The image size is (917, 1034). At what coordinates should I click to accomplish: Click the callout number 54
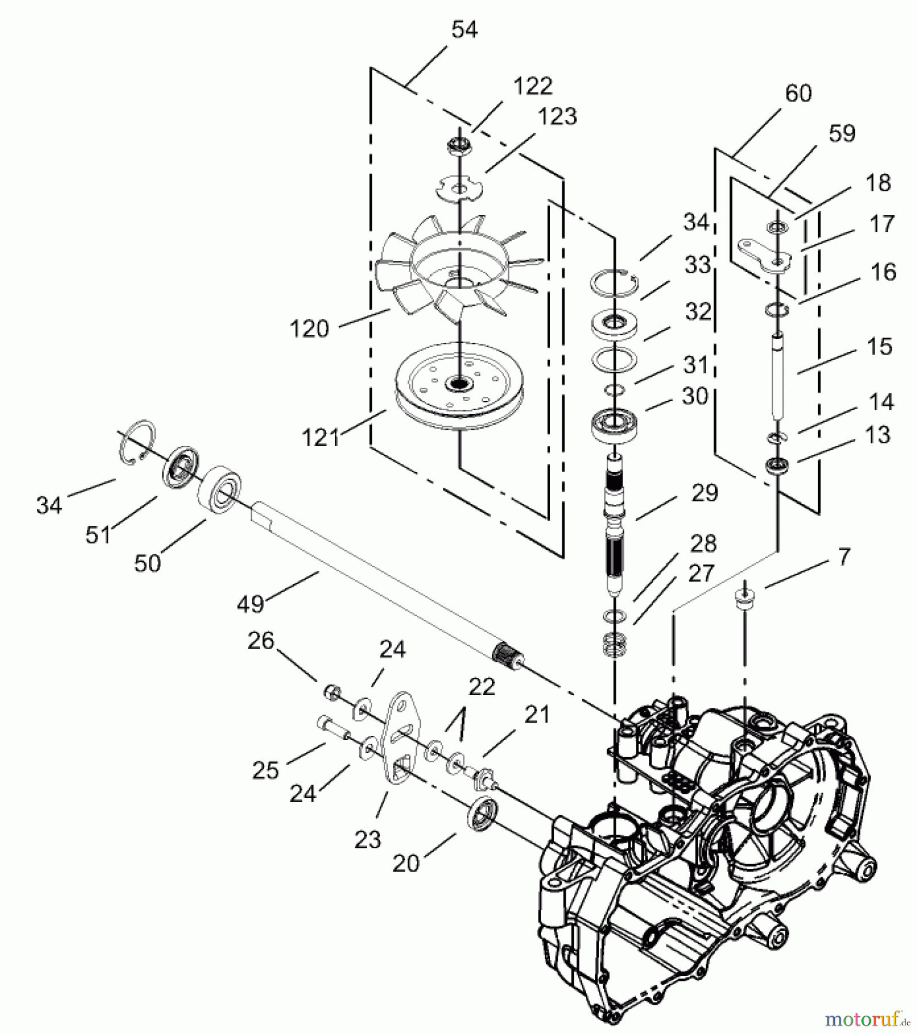[464, 30]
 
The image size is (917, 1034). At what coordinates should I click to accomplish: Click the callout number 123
[557, 117]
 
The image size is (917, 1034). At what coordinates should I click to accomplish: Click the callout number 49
[250, 604]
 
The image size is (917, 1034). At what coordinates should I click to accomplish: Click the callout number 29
[705, 493]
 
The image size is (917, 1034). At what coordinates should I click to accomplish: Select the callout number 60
[798, 93]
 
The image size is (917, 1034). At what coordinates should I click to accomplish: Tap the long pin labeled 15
[778, 373]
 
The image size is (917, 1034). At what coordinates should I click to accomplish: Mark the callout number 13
[877, 435]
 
